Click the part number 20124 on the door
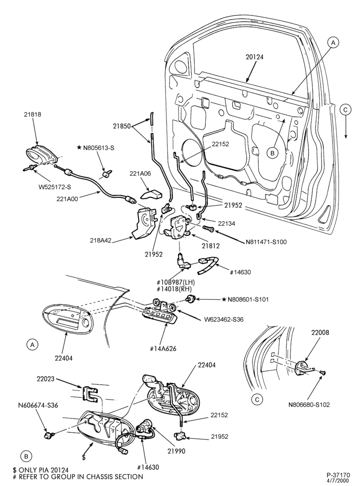(x=254, y=57)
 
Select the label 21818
(x=33, y=114)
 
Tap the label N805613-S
(x=96, y=148)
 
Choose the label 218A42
(x=101, y=241)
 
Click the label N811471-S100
(x=266, y=242)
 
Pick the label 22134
(x=226, y=223)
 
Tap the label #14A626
(x=163, y=348)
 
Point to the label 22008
(x=320, y=332)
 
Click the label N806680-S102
(x=309, y=404)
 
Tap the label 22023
(x=45, y=379)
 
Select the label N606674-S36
(x=38, y=405)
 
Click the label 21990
(x=176, y=451)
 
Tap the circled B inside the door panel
(x=272, y=153)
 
